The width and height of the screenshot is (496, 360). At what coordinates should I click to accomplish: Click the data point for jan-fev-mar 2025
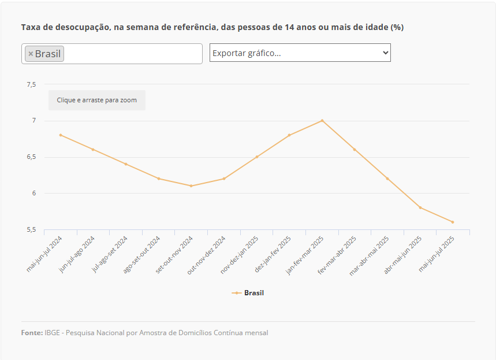point(322,120)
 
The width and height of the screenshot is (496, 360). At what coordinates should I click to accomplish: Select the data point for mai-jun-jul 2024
point(60,135)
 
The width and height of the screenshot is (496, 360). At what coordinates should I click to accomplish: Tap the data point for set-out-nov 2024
point(191,185)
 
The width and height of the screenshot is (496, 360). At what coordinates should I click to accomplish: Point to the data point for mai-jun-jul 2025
point(453,222)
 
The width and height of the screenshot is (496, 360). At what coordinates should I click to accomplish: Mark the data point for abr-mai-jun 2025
point(420,207)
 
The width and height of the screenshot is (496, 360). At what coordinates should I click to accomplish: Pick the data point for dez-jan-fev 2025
point(289,135)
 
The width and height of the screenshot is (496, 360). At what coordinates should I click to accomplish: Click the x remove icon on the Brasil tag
point(31,54)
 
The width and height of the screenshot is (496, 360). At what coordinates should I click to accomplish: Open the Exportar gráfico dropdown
point(300,53)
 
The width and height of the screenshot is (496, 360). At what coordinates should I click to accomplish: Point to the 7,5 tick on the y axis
point(31,84)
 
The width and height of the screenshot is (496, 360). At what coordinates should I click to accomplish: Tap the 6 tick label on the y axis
point(33,193)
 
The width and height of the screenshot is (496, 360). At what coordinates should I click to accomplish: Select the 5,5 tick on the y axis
point(31,229)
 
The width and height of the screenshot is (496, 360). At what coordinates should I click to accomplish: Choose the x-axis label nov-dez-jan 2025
point(240,254)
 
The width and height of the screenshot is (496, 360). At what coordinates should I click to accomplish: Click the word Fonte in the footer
point(32,333)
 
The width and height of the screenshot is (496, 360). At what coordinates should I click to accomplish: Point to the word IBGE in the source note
point(53,333)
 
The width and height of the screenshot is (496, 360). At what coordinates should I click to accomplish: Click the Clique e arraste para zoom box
point(97,100)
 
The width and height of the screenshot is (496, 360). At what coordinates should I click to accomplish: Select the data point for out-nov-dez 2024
point(224,178)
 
